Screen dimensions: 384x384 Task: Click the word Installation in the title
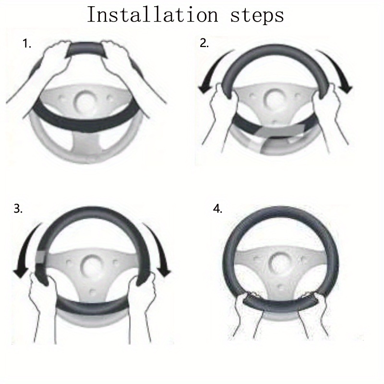pyautogui.click(x=152, y=15)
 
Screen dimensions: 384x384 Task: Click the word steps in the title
pyautogui.click(x=257, y=16)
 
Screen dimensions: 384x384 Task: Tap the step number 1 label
pyautogui.click(x=27, y=44)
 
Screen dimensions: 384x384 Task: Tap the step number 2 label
pyautogui.click(x=204, y=43)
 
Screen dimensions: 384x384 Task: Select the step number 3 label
pyautogui.click(x=18, y=209)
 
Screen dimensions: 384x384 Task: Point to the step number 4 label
pyautogui.click(x=218, y=209)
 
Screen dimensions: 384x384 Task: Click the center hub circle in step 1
pyautogui.click(x=85, y=101)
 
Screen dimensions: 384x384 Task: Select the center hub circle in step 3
pyautogui.click(x=91, y=266)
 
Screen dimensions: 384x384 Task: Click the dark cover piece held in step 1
pyautogui.click(x=87, y=50)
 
